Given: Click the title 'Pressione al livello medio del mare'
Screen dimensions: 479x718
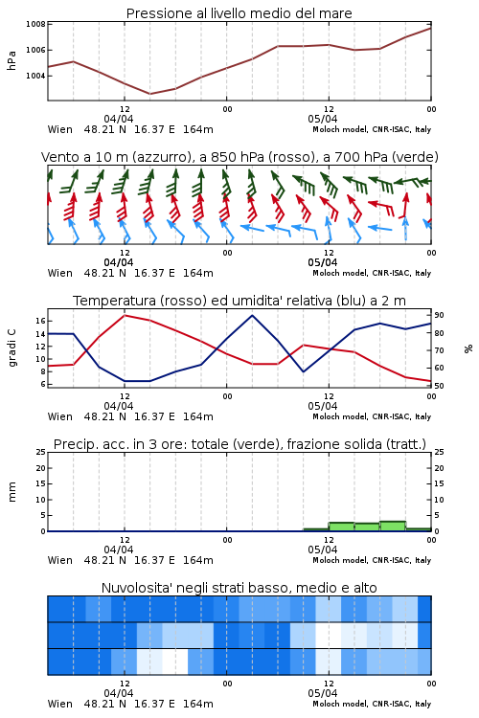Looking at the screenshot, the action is point(239,13).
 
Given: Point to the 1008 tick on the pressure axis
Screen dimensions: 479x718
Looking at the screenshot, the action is point(35,24).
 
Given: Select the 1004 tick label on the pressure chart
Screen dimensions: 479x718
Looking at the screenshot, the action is point(35,76).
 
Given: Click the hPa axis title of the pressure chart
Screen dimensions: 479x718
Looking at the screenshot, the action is point(11,60).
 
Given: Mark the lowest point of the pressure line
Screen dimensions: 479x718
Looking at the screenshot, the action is point(149,94).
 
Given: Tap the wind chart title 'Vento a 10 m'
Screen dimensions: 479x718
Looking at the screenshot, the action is point(239,157).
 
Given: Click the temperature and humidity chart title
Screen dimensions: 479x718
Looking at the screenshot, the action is point(239,301).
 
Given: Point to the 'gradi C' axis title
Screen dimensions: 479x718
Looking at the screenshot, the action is point(11,348).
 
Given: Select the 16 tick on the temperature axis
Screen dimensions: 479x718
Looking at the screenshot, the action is point(40,321).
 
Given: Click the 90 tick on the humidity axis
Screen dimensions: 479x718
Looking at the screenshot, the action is point(439,315).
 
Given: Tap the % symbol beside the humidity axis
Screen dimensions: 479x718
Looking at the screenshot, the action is point(468,348).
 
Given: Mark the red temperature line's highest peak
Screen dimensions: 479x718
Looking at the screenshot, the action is point(125,315).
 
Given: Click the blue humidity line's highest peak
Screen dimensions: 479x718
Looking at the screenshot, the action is point(252,315).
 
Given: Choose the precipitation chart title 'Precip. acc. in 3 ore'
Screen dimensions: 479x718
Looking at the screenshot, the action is point(239,444).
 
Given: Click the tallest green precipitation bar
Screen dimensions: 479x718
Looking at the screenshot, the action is point(393,527).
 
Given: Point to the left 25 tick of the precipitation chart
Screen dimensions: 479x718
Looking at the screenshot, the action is point(40,452).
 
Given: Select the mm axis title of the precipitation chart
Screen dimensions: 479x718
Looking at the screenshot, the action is point(11,492).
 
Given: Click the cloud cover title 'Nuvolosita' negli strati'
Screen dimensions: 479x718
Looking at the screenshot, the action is point(239,588).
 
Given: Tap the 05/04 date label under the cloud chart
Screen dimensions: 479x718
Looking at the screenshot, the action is point(323,693).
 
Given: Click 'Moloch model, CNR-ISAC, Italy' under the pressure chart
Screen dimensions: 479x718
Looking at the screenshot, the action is point(372,129).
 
